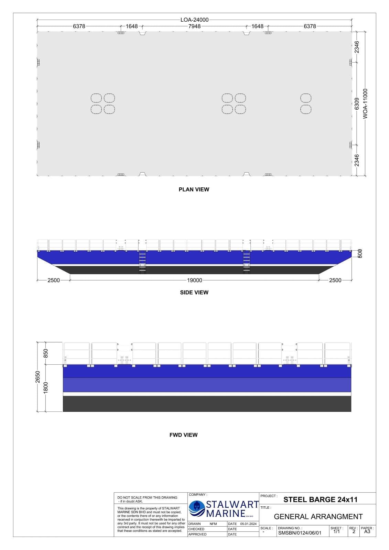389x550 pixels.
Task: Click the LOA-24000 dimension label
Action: coord(194,20)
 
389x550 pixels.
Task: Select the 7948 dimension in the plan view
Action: coord(194,26)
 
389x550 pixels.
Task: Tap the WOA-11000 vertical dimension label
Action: coord(365,103)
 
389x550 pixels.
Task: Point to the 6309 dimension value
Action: coord(357,103)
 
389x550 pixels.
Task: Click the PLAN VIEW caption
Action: coord(194,189)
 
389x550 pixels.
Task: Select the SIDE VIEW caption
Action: coord(194,293)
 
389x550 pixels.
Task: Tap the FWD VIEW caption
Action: coord(183,435)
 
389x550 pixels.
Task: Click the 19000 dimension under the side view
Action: coord(194,280)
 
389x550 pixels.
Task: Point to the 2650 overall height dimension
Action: coord(38,377)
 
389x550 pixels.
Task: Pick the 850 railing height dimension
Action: coord(46,353)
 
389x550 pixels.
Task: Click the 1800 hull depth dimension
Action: coord(46,388)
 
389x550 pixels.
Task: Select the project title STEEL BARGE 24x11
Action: coord(320,499)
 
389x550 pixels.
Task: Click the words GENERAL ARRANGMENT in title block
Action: coord(318,517)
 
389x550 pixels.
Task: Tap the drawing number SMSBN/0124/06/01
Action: coord(300,533)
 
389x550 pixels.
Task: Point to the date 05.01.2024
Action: coord(248,524)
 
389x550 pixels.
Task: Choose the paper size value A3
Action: coord(367,531)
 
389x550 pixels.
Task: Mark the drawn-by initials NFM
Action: coord(213,524)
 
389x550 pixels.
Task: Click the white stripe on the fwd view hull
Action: coord(207,394)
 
